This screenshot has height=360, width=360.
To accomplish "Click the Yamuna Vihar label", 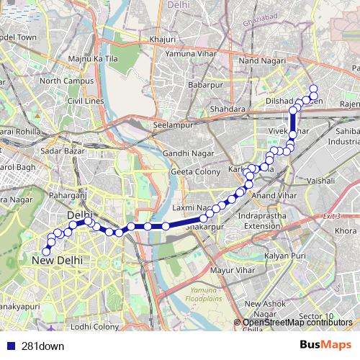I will pos(189,53).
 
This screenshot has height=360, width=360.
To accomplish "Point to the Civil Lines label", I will pos(86,102).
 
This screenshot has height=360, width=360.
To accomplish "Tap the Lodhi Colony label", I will pos(95,326).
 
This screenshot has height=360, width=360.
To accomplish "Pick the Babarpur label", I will pos(203,86).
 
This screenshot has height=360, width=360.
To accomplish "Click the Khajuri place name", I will pos(162,39).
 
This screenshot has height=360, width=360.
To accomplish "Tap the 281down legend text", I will pos(42,346).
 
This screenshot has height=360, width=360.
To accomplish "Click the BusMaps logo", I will pos(326,345).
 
